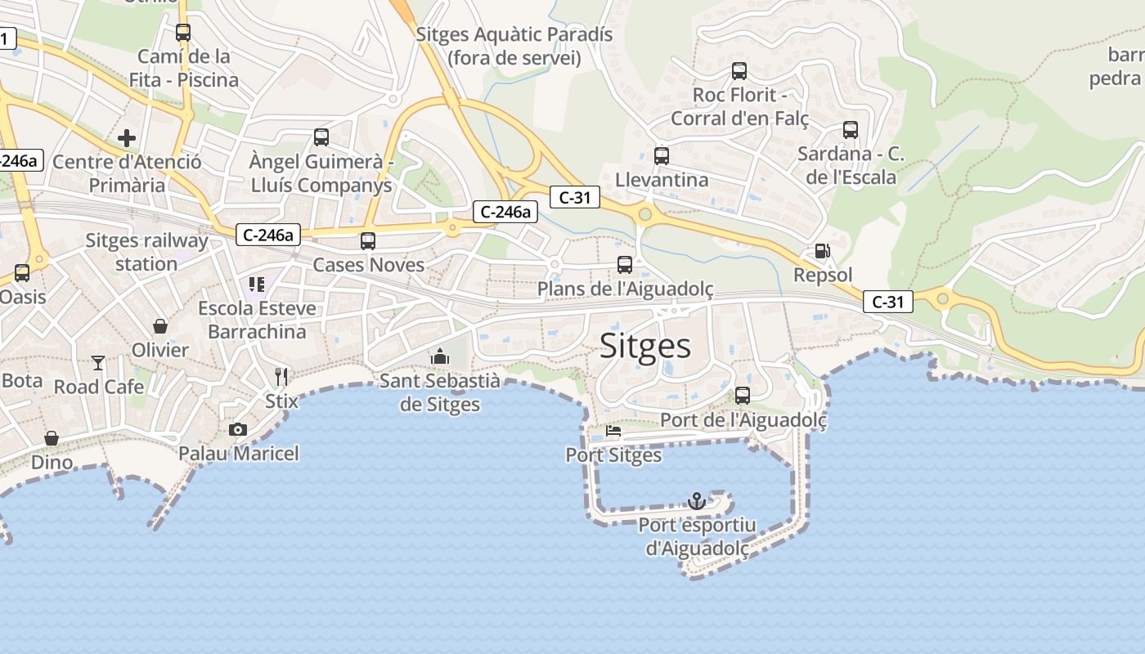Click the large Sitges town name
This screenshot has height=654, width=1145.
[x=645, y=347]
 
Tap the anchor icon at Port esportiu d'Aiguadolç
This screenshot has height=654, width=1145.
[x=697, y=500]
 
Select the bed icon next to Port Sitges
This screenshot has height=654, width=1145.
[x=613, y=431]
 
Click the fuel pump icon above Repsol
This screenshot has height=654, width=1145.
[x=822, y=251]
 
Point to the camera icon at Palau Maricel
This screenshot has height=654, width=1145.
[x=238, y=429]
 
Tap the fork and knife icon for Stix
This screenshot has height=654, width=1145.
[x=281, y=376]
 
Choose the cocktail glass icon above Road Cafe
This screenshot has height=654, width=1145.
[x=98, y=362]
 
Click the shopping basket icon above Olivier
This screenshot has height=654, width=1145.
[x=160, y=325]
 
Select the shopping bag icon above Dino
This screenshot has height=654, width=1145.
[x=52, y=438]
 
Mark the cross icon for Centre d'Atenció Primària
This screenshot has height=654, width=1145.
[x=127, y=137]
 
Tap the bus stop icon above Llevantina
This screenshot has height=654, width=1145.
[x=662, y=155]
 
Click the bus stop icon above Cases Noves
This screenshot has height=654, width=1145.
[x=368, y=240]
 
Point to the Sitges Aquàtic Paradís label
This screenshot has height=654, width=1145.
[x=514, y=46]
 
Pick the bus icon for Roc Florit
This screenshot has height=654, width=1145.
[x=739, y=71]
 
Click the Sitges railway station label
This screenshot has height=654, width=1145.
[x=146, y=252]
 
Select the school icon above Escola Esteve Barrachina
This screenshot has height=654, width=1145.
[x=257, y=284]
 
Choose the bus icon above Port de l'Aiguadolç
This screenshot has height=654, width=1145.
[x=743, y=396]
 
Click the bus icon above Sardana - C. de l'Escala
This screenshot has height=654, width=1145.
[x=851, y=130]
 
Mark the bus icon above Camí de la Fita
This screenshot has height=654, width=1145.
[x=183, y=33]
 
